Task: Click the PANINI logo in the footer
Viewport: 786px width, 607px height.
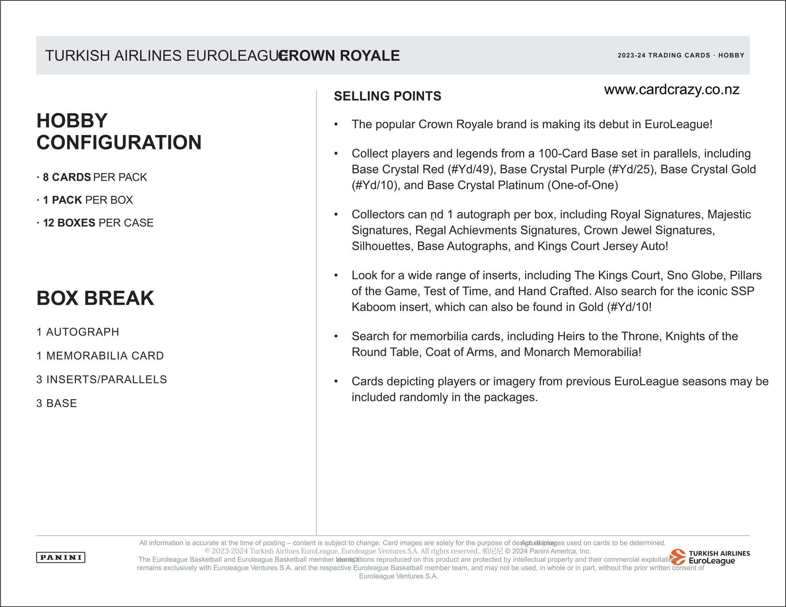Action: (61, 557)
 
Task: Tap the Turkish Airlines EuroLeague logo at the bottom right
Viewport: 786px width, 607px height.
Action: (710, 557)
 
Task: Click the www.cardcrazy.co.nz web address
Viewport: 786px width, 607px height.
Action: (672, 89)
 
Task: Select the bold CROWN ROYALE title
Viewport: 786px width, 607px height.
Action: (339, 56)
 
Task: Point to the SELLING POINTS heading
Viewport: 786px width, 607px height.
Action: (387, 96)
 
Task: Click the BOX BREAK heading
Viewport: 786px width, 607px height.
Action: (95, 298)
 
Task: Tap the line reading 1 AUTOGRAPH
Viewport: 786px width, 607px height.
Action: (78, 332)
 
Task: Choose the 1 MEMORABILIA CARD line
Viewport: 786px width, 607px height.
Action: (100, 356)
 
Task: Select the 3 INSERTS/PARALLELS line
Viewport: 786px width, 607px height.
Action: (102, 379)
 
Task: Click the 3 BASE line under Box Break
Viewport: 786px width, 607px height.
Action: (57, 403)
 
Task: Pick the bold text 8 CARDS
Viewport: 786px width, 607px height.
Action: (67, 177)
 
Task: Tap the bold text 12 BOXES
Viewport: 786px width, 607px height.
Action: (69, 223)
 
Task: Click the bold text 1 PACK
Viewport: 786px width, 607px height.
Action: (63, 200)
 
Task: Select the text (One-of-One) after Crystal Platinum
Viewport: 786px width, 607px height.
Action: (583, 185)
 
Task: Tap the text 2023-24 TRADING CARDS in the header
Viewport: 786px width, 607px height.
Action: (664, 55)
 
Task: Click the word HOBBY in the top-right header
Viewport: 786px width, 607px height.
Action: (731, 55)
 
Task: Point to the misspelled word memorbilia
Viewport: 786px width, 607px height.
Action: (439, 336)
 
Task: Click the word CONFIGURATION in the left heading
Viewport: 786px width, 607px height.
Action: (119, 142)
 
